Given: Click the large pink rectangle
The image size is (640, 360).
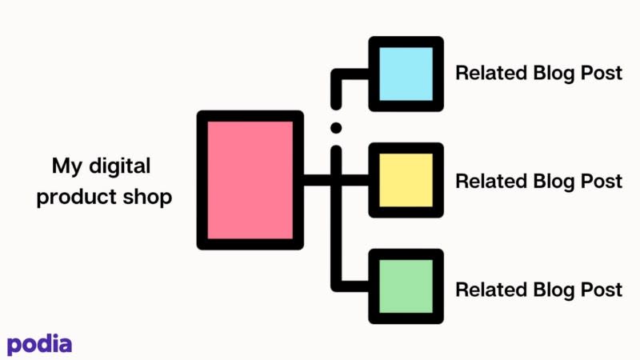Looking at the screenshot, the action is (250, 180).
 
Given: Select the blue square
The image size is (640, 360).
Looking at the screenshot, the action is (406, 74).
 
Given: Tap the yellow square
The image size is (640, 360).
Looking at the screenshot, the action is (406, 180).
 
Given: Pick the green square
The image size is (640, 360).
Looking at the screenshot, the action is (406, 286).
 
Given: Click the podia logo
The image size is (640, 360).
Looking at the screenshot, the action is (39, 345).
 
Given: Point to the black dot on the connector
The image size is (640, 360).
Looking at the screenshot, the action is (336, 128).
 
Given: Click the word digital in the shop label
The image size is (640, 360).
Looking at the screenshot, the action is (119, 166).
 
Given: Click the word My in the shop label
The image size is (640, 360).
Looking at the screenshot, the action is (67, 167).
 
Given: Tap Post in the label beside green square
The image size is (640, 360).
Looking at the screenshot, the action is (602, 290).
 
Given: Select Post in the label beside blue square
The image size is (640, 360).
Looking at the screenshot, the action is (602, 73).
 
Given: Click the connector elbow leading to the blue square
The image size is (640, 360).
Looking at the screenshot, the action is (336, 74).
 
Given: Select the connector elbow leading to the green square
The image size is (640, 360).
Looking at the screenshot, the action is (336, 286).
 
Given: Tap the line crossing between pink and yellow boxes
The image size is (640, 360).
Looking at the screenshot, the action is (336, 180).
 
